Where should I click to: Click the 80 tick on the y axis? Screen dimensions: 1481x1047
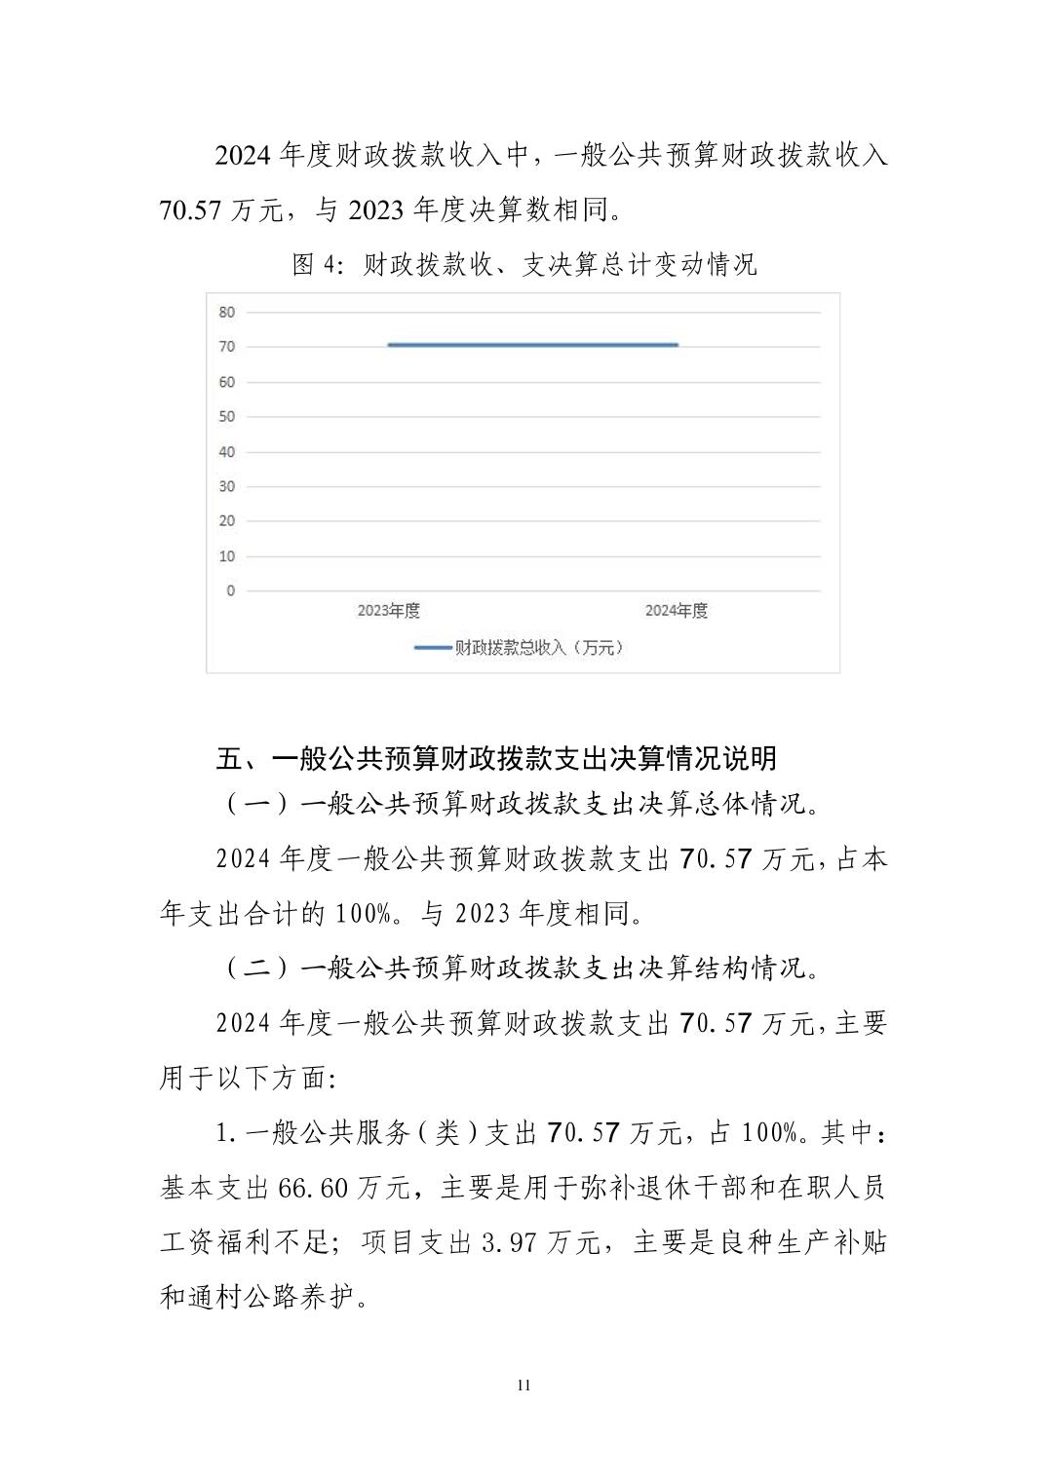[227, 313]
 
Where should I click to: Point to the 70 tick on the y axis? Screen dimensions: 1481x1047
[227, 347]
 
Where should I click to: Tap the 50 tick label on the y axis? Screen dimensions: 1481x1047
[227, 417]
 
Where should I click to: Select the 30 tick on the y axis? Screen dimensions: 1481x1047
[227, 486]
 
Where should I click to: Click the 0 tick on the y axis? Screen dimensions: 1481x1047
[230, 590]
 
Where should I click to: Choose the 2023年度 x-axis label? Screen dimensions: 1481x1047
[388, 611]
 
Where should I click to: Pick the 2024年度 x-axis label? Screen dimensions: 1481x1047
[676, 611]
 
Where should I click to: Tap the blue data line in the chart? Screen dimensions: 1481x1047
[532, 345]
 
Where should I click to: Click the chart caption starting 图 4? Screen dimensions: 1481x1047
[523, 265]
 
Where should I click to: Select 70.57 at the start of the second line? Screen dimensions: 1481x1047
[190, 209]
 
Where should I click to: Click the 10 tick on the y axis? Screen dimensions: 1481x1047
[227, 556]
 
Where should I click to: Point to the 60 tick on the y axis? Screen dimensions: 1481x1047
[227, 382]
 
